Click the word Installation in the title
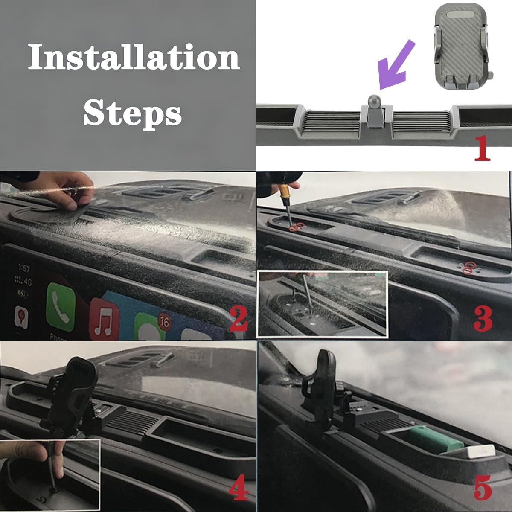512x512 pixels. tap(134, 58)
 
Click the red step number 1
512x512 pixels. tap(482, 148)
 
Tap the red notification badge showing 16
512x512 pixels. tap(164, 321)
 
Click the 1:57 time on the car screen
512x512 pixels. tap(24, 268)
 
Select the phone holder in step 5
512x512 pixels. tap(322, 384)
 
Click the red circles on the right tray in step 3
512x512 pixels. tap(468, 268)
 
